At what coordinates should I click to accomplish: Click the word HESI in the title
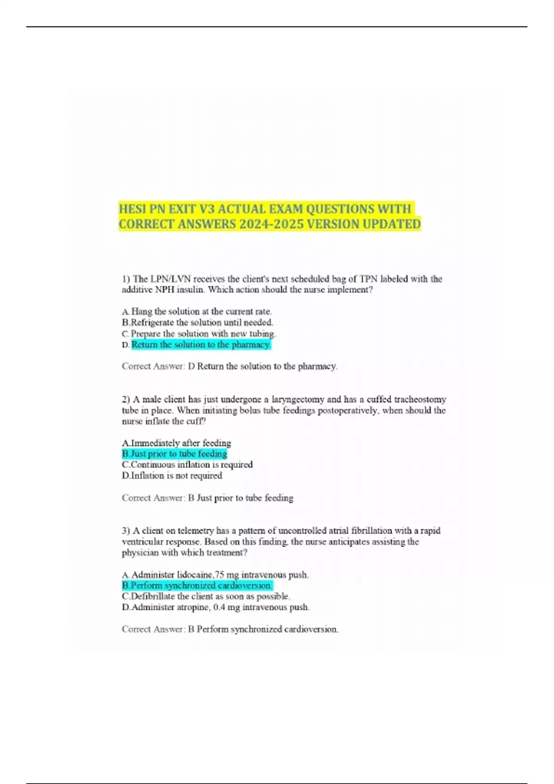(132, 209)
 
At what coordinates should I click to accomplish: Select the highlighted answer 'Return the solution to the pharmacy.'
(201, 344)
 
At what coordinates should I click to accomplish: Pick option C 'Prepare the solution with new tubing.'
(199, 333)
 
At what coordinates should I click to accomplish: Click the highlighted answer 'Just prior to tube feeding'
(175, 454)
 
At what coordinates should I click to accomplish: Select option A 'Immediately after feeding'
(176, 443)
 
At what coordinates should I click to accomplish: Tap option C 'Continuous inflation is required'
(187, 464)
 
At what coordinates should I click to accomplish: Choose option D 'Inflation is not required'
(172, 475)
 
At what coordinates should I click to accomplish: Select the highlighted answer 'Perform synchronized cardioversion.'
(197, 586)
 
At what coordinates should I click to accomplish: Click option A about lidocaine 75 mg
(215, 575)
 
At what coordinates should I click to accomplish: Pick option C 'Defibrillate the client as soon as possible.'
(206, 596)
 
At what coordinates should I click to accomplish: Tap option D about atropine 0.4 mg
(216, 607)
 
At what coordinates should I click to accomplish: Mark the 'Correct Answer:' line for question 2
(207, 498)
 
